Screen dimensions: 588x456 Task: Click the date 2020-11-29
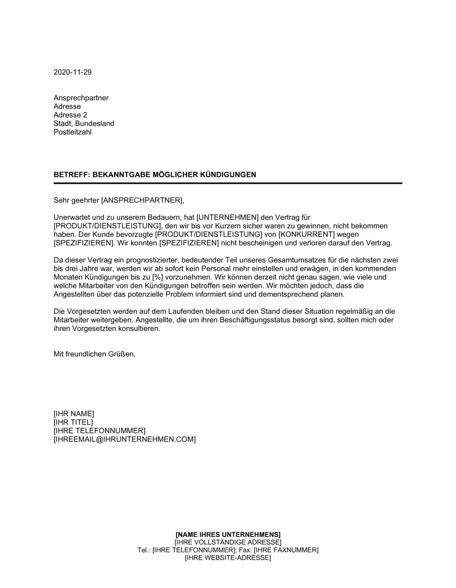point(73,72)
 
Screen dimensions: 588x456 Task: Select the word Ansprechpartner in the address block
point(81,98)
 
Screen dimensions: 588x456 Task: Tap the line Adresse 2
point(70,115)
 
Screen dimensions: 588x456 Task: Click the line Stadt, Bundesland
point(84,124)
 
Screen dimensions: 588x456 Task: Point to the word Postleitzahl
point(73,132)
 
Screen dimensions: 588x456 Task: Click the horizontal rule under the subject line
point(228,183)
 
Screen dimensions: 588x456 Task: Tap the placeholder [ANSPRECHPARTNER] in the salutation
point(142,200)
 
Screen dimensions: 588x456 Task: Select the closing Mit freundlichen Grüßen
point(94,354)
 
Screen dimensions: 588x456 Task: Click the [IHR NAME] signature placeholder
point(74,414)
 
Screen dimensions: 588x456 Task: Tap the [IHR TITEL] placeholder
point(73,423)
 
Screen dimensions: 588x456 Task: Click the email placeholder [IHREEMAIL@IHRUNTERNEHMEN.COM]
point(124,439)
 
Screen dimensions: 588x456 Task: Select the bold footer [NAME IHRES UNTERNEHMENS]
point(228,534)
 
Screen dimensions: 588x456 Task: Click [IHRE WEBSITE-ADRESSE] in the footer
point(228,558)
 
